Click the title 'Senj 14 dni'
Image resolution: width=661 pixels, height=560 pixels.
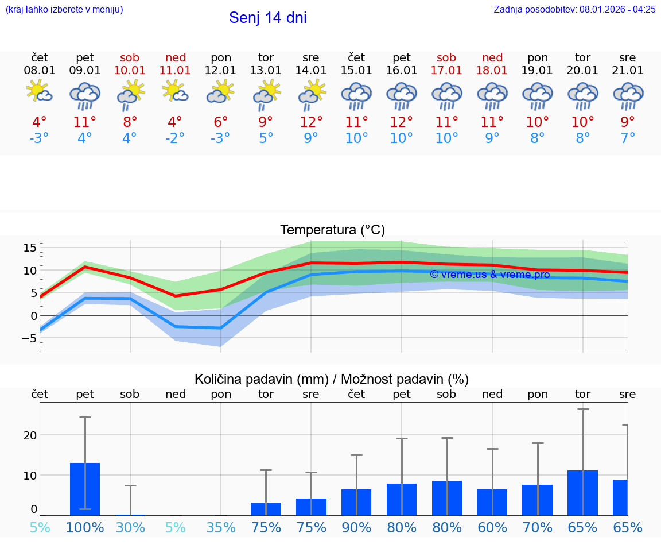(267, 18)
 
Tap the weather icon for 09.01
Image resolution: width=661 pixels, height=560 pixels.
(85, 96)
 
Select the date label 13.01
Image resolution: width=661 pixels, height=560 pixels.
(266, 71)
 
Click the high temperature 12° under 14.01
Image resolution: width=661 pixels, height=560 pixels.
(311, 122)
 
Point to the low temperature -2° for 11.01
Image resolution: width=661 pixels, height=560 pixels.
(175, 139)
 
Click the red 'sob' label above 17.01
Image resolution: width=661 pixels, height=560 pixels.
(446, 57)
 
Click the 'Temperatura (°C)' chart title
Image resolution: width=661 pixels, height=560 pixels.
(332, 230)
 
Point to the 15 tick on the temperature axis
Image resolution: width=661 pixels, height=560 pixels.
(30, 248)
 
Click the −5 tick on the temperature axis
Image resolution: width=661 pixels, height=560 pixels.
(29, 339)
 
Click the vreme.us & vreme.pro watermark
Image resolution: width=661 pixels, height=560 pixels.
(489, 275)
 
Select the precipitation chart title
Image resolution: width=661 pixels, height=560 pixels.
(332, 379)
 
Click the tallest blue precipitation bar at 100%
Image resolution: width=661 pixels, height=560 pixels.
(85, 489)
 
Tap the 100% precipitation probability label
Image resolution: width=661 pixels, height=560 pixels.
(85, 527)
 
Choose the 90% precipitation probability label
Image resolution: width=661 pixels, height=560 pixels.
(356, 527)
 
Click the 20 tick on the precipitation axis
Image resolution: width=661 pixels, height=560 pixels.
(30, 435)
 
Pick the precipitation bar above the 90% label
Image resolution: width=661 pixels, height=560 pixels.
(356, 502)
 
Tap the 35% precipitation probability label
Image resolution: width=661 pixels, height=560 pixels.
(221, 527)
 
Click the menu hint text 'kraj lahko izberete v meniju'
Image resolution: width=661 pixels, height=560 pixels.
(64, 9)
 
